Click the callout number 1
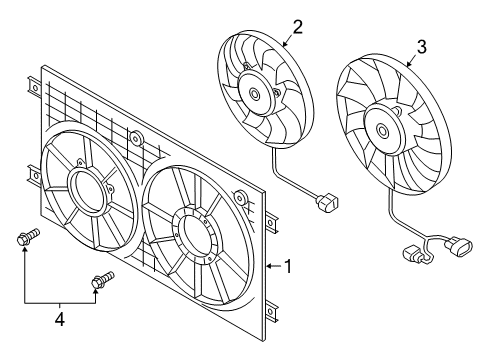click(288, 266)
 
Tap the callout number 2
click(297, 27)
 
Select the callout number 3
click(422, 47)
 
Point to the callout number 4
click(60, 320)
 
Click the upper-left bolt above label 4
click(28, 236)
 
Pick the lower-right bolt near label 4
click(103, 280)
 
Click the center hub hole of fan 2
click(255, 94)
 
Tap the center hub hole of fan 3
click(382, 130)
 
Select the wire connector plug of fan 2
click(327, 203)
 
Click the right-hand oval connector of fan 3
click(459, 247)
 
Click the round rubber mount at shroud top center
click(136, 138)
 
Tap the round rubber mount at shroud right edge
click(240, 197)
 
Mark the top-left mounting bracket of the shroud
click(35, 88)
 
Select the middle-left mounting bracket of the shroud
click(34, 176)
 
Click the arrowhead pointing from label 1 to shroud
click(269, 266)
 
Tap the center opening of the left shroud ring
click(87, 190)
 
